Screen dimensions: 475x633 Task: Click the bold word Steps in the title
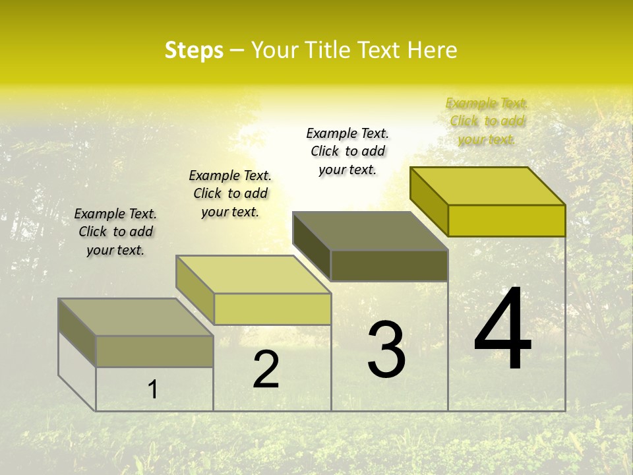point(194,50)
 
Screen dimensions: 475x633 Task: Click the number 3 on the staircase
point(386,349)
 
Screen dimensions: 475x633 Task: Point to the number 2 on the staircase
point(266,369)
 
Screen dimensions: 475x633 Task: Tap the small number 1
point(153,389)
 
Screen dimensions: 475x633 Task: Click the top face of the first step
point(135,317)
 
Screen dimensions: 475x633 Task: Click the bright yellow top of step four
point(487,185)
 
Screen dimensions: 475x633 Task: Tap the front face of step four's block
point(506,220)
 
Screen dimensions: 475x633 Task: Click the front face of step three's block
point(389,265)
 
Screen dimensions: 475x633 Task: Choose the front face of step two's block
point(272,309)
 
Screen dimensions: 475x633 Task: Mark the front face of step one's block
point(154,351)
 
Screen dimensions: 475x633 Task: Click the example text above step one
point(115,232)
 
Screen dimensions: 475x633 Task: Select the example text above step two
point(230,193)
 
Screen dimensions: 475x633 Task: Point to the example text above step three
point(347,151)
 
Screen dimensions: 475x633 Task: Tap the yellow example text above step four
point(487,121)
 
